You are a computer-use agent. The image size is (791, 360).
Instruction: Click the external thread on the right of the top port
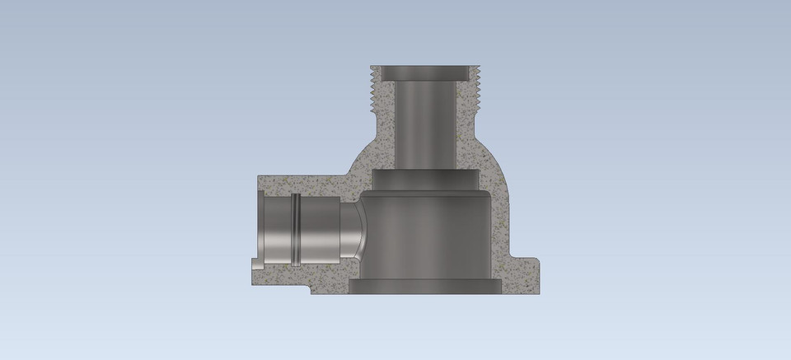tap(475, 91)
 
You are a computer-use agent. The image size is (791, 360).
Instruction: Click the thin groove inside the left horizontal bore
tap(294, 229)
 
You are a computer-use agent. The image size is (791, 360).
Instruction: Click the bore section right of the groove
tap(318, 229)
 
